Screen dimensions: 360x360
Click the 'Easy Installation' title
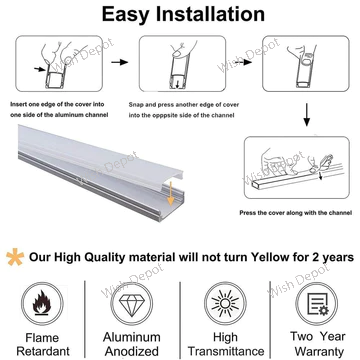point(180,14)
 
